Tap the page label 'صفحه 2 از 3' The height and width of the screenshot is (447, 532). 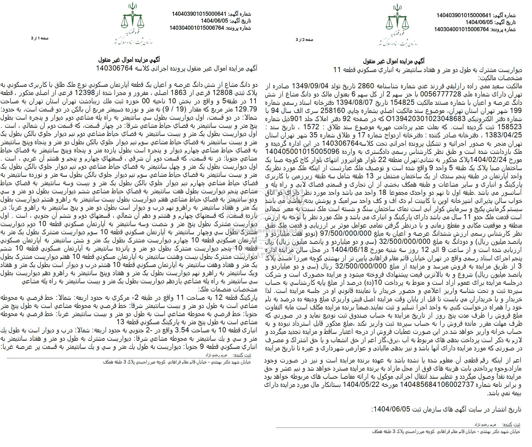[305, 40]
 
